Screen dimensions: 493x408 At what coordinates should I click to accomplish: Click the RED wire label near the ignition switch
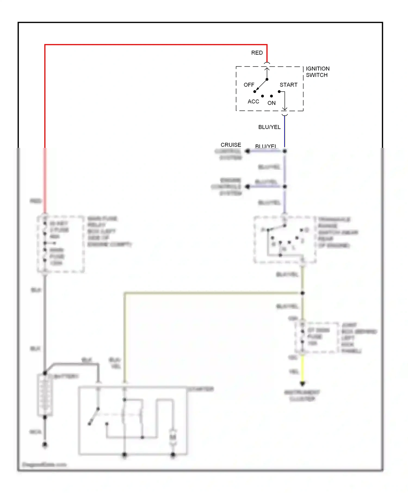click(x=257, y=53)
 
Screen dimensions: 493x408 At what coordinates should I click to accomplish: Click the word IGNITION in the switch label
click(x=317, y=68)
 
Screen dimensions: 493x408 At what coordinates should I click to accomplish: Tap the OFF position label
click(x=249, y=85)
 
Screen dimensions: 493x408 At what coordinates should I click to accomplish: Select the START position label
click(x=288, y=85)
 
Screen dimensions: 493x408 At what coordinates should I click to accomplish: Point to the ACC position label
click(x=253, y=102)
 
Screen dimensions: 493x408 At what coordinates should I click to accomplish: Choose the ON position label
click(x=271, y=103)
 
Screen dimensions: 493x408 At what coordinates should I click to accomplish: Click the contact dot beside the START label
click(x=279, y=92)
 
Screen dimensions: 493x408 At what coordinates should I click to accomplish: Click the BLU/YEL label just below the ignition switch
click(x=269, y=127)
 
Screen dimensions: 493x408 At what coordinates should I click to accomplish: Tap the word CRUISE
click(x=231, y=145)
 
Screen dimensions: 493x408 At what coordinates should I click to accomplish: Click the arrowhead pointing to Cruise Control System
click(x=247, y=151)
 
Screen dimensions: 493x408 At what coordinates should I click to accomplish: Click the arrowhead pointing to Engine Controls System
click(x=247, y=187)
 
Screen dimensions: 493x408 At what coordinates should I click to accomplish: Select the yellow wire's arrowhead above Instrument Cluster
click(x=302, y=383)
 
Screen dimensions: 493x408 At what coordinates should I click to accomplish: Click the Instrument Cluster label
click(x=302, y=395)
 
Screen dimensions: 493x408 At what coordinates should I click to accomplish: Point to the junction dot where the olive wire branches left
click(x=302, y=293)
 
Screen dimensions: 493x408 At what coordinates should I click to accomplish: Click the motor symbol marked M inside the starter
click(x=173, y=437)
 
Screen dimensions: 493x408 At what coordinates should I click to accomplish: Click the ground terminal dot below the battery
click(x=45, y=445)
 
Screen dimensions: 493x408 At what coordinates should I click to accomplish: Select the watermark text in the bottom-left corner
click(x=44, y=464)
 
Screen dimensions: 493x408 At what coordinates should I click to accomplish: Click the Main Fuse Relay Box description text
click(x=109, y=231)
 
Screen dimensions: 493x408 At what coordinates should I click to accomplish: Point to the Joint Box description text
click(x=358, y=338)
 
